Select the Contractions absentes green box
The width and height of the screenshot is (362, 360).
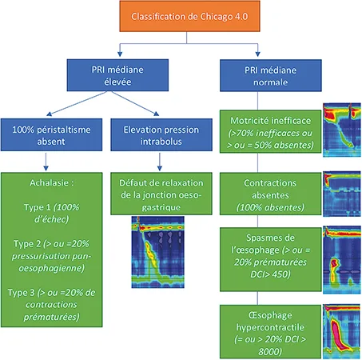click(269, 191)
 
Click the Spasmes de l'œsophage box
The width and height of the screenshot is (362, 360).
click(269, 250)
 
